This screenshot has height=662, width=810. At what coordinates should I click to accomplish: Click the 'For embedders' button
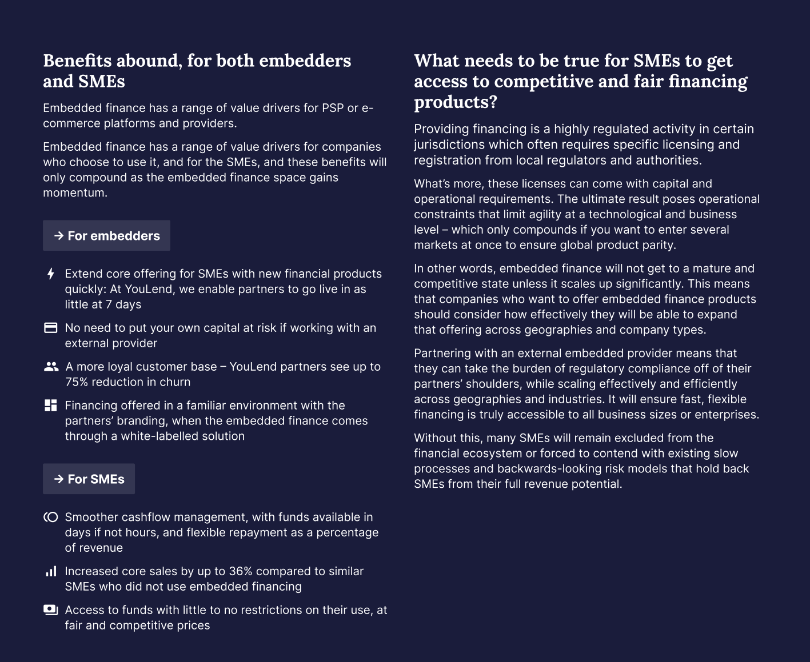pos(106,235)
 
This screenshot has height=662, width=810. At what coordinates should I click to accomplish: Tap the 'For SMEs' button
pos(89,479)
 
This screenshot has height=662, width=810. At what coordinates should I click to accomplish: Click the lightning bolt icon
pos(51,274)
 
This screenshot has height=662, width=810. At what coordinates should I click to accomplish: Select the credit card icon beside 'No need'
pos(51,328)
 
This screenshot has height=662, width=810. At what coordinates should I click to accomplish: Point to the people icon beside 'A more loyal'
pos(51,367)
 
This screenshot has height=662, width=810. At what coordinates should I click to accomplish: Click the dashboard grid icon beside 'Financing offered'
pos(51,406)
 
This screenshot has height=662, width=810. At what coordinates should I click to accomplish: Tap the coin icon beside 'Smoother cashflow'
pos(51,517)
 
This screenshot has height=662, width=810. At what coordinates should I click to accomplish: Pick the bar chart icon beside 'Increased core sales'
pos(51,571)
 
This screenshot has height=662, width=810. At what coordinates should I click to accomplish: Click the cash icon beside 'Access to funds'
pos(51,610)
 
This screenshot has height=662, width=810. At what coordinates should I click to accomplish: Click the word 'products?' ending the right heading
pos(456,102)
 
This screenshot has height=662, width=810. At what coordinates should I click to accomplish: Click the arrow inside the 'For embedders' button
pos(59,235)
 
